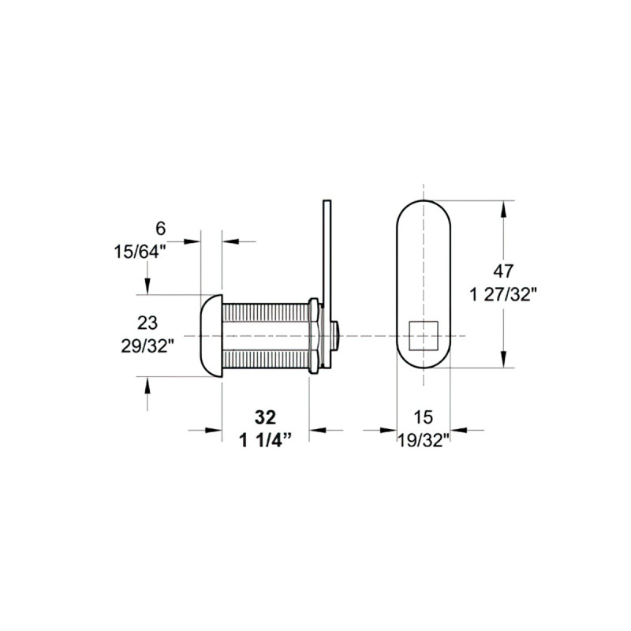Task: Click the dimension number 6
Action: tap(160, 229)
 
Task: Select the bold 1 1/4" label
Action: tap(266, 439)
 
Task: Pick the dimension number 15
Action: tap(424, 416)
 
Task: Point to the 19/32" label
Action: tap(423, 439)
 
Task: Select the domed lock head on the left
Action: tap(211, 336)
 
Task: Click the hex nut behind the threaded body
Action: tap(314, 336)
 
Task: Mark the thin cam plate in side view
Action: tap(326, 260)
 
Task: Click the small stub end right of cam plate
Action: tap(338, 336)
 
